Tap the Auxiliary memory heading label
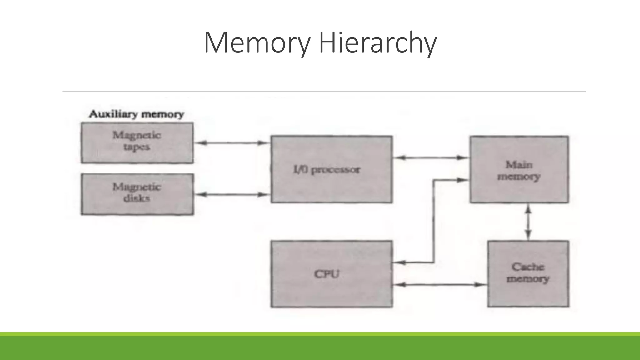click(x=137, y=114)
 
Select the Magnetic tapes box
click(x=137, y=143)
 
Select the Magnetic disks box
click(x=137, y=194)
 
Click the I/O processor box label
click(x=327, y=169)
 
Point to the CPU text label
click(x=327, y=274)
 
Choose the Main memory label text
click(x=519, y=170)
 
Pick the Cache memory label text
click(x=528, y=272)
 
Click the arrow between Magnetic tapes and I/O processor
click(x=232, y=143)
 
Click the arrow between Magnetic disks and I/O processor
click(x=232, y=194)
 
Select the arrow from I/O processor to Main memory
click(x=431, y=157)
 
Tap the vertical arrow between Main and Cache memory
click(x=528, y=222)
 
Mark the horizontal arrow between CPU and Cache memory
click(x=440, y=284)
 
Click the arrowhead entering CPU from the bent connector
click(x=399, y=262)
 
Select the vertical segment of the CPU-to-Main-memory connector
click(x=434, y=221)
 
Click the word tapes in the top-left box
click(x=137, y=147)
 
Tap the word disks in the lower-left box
click(x=137, y=198)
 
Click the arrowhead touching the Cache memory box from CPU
click(x=481, y=284)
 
